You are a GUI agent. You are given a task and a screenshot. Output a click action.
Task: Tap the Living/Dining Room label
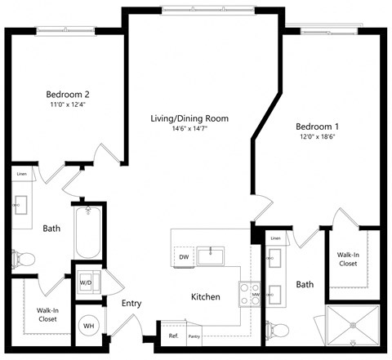189,118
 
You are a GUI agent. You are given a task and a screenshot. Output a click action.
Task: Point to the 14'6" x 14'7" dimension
189,130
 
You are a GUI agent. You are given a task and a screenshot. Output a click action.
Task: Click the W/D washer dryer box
86,283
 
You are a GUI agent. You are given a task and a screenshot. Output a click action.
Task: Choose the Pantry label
194,336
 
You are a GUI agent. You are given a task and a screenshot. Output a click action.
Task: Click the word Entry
131,304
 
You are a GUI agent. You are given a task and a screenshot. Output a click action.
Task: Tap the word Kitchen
205,297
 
